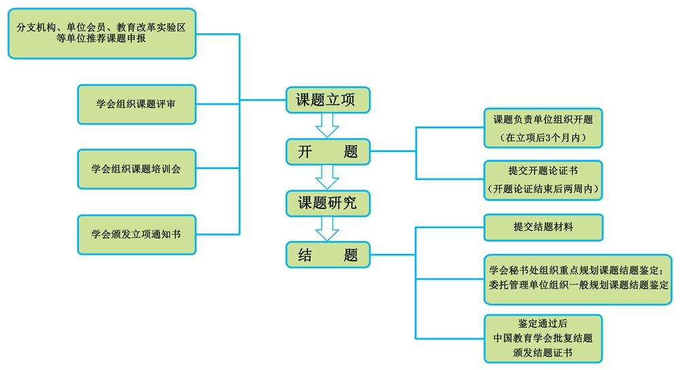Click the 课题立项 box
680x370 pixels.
tap(328, 100)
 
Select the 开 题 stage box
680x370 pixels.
tap(328, 151)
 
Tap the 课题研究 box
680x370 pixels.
tap(328, 202)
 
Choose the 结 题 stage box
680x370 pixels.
tap(328, 255)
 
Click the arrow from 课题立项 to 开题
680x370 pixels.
tap(328, 126)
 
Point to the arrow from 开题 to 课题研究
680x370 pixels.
tap(328, 177)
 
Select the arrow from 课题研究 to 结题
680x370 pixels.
tap(328, 229)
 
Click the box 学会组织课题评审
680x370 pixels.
tap(137, 105)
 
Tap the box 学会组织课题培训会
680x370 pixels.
tap(137, 169)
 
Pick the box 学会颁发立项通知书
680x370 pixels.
tap(137, 234)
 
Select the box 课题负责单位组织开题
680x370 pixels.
tap(543, 128)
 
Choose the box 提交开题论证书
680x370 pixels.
tap(543, 180)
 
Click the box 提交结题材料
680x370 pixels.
tap(543, 227)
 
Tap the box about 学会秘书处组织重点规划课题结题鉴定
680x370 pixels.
tap(577, 279)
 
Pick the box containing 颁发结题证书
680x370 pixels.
tap(543, 338)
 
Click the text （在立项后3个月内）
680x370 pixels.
tap(543, 138)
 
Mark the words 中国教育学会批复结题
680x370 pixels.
tap(543, 337)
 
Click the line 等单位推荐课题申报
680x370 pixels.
tap(101, 39)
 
